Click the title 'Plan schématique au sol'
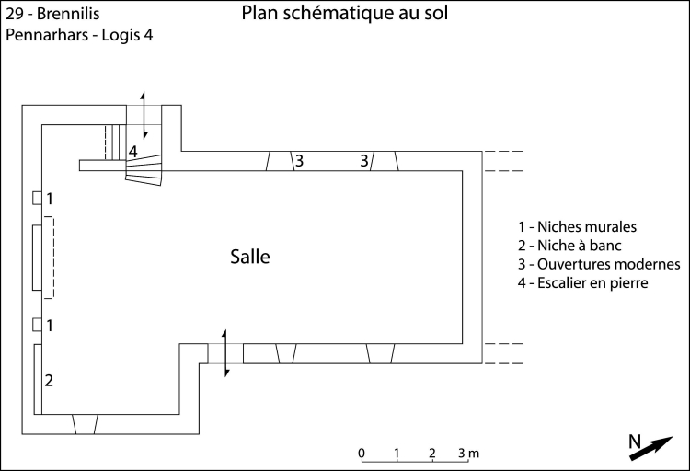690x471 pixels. click(x=345, y=14)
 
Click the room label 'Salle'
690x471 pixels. click(x=250, y=258)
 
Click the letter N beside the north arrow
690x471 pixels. click(x=634, y=441)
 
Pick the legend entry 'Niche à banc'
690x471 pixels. click(x=570, y=246)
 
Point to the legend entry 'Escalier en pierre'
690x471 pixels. click(x=584, y=284)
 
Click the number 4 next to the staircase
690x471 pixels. click(x=133, y=151)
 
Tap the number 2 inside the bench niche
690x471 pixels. click(x=50, y=380)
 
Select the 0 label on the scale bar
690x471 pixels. click(x=362, y=454)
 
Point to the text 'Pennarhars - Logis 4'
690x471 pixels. click(x=72, y=36)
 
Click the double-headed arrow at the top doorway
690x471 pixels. click(x=143, y=116)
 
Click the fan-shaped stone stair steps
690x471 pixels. click(x=144, y=169)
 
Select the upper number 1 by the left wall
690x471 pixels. click(x=50, y=199)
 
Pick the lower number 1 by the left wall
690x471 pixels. click(x=50, y=325)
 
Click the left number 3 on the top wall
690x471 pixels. click(x=299, y=161)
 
